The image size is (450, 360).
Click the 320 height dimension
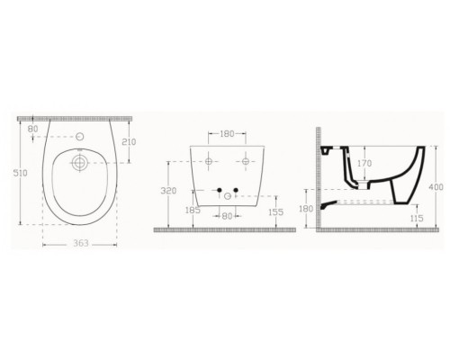tap(165, 190)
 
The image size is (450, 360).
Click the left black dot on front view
tap(218, 189)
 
